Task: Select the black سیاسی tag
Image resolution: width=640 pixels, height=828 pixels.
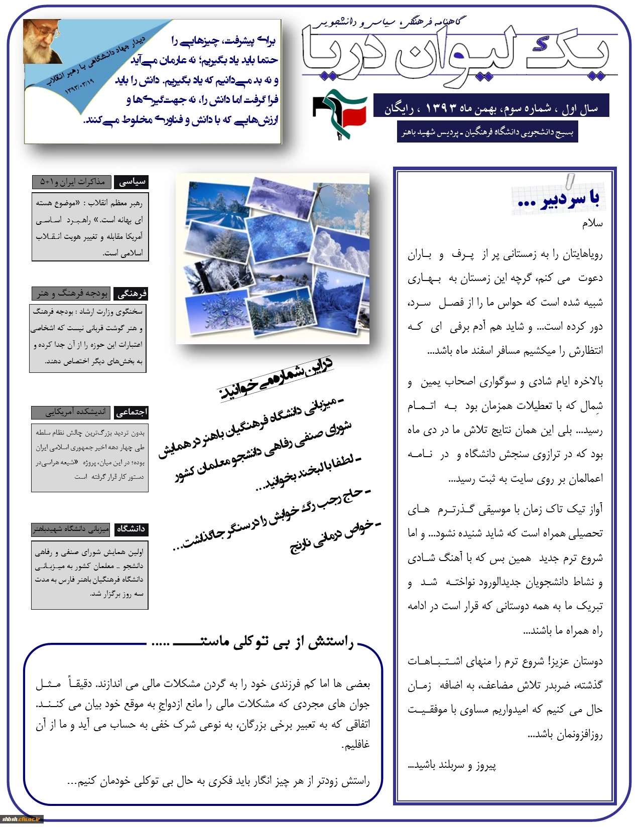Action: click(x=132, y=182)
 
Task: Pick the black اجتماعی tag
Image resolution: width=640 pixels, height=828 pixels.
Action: click(x=132, y=412)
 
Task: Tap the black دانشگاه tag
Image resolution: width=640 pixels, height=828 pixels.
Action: click(x=131, y=529)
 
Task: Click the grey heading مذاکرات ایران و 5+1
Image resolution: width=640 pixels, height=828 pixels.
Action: click(x=72, y=182)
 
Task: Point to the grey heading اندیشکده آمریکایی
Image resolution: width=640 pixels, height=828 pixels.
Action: click(x=72, y=412)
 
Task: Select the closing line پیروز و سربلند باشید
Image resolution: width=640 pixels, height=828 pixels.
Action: click(x=452, y=765)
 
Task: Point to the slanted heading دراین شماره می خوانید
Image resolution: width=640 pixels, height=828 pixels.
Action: click(x=276, y=379)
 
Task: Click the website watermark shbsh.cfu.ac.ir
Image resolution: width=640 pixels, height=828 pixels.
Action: click(x=22, y=819)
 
